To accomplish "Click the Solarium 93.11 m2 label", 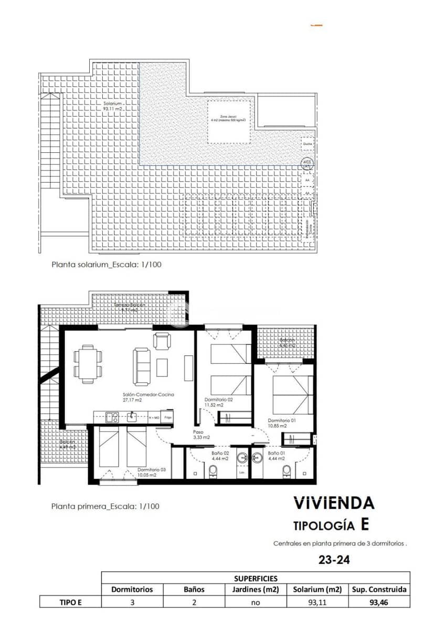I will pyautogui.click(x=113, y=106).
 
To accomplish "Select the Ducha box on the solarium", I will pyautogui.click(x=308, y=143).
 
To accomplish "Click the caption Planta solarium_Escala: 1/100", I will pyautogui.click(x=106, y=265).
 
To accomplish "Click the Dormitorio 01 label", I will pyautogui.click(x=282, y=423).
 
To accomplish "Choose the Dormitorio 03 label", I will pyautogui.click(x=152, y=472).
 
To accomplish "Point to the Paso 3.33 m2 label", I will pyautogui.click(x=201, y=435).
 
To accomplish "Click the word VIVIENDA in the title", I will pyautogui.click(x=334, y=503).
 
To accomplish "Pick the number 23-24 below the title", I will pyautogui.click(x=334, y=560).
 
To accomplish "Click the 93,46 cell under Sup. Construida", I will pyautogui.click(x=379, y=602).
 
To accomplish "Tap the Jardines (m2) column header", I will pyautogui.click(x=255, y=590).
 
